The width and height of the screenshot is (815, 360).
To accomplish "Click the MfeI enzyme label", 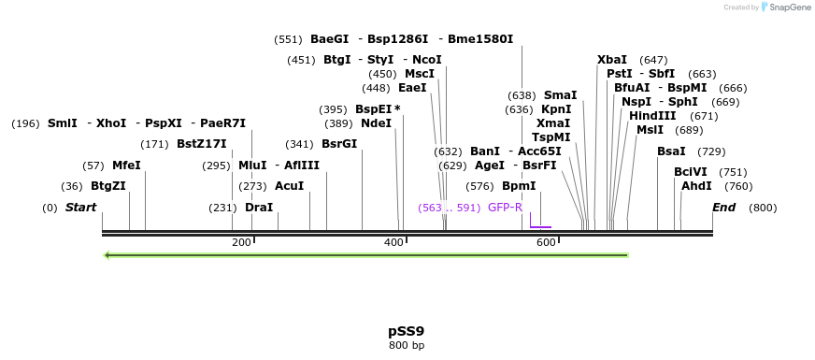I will [x=126, y=166].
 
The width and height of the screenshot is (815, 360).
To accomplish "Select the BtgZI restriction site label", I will [x=107, y=186].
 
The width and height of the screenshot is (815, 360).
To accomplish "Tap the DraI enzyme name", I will [x=259, y=208].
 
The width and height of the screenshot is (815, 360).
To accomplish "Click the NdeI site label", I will [x=376, y=123].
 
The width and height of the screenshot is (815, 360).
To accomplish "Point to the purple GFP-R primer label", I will [x=505, y=208].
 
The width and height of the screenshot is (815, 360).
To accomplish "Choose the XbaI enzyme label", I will [x=612, y=60].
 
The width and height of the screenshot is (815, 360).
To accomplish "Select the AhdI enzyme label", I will [x=696, y=186].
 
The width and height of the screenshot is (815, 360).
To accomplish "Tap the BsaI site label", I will [x=671, y=151].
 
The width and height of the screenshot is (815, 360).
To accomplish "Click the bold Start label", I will [x=80, y=208].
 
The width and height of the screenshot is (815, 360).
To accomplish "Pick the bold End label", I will [x=723, y=208].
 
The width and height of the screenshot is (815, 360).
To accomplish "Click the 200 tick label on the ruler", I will [x=241, y=243].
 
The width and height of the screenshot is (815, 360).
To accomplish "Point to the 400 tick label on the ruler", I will [x=393, y=243].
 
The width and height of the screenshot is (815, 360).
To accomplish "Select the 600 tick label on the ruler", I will [x=546, y=243].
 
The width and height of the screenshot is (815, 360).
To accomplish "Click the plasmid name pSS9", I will [x=407, y=331].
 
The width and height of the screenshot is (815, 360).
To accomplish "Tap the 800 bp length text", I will [x=407, y=346].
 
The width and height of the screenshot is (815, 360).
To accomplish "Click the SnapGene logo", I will [x=787, y=7].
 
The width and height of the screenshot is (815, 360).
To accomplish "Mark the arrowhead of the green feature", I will [x=108, y=254].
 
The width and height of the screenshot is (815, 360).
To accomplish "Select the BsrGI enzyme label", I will [x=339, y=144].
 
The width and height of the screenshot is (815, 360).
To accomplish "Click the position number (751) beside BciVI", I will [x=734, y=172].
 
